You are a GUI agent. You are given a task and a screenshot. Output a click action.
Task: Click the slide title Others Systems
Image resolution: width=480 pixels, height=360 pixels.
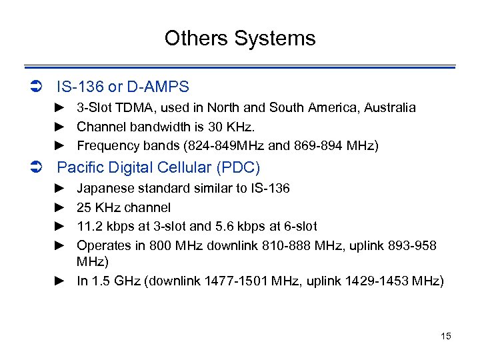pos(240,38)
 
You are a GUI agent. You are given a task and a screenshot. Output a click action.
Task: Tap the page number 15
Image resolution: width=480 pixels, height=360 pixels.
pos(446,336)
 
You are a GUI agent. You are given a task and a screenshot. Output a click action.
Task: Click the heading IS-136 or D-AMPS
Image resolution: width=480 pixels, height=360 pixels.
pos(123,87)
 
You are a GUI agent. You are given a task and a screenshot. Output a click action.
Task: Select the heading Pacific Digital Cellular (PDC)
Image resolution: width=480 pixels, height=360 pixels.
pos(159,167)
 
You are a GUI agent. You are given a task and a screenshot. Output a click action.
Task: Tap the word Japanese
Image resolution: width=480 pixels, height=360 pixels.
pos(104,189)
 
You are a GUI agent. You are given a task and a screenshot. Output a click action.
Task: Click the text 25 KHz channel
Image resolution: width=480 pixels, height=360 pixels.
pos(124,207)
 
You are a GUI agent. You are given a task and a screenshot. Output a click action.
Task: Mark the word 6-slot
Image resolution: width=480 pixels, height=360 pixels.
pos(299,227)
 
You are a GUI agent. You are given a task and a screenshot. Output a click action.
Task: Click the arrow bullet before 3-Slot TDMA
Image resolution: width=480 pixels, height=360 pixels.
pos(59,107)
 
